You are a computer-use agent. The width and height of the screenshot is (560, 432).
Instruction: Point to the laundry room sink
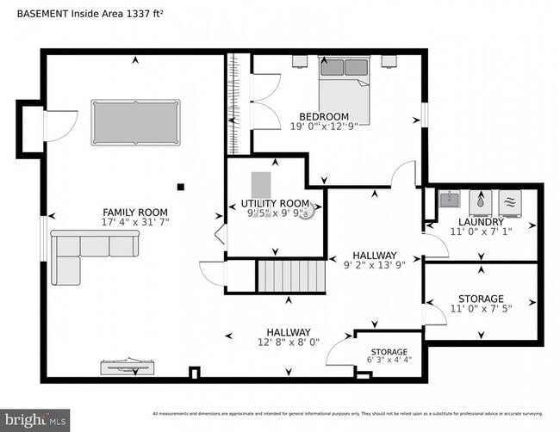(x=448, y=201)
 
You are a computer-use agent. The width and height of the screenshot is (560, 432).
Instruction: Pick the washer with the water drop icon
(x=480, y=202)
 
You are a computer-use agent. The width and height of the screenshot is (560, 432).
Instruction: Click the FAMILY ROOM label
(x=134, y=213)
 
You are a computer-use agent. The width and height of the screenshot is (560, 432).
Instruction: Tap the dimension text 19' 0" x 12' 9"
(x=324, y=127)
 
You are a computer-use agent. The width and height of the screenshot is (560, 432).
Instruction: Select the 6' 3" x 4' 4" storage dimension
(x=389, y=361)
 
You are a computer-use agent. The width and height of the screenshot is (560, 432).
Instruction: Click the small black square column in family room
(x=181, y=186)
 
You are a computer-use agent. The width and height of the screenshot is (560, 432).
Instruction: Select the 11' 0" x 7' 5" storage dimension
(x=481, y=309)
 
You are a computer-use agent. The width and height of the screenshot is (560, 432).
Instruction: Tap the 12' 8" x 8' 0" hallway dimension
(x=288, y=343)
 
